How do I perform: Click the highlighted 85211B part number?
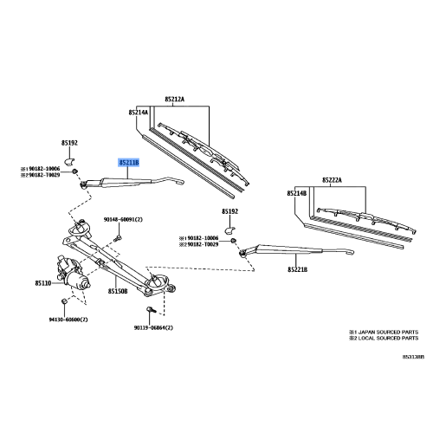click(132, 161)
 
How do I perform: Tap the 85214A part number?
click(139, 113)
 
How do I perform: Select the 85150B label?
click(118, 292)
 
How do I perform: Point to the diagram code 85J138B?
click(413, 356)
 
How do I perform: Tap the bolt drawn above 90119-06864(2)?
click(152, 310)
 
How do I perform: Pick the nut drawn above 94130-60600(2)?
click(64, 301)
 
